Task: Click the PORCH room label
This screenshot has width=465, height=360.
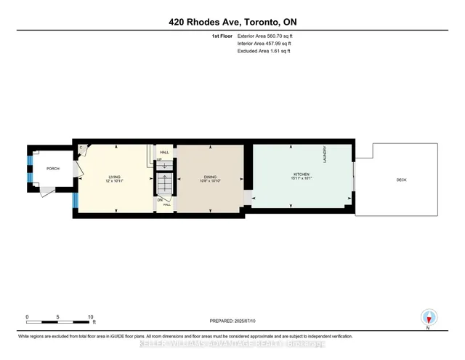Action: coord(52,169)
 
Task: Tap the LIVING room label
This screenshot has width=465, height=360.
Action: coord(114,177)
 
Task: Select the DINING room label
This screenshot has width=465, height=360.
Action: coord(210,177)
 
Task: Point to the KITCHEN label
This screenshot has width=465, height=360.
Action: coord(302,175)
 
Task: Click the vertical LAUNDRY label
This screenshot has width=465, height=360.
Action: coord(325,153)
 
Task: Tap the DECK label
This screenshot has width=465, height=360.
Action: coord(401,180)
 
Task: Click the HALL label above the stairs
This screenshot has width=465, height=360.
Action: coord(164,153)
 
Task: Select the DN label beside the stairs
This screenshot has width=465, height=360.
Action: coord(159,199)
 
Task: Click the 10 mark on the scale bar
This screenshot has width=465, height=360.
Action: coord(91,317)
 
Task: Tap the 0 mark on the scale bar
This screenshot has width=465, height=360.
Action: coord(27,317)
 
